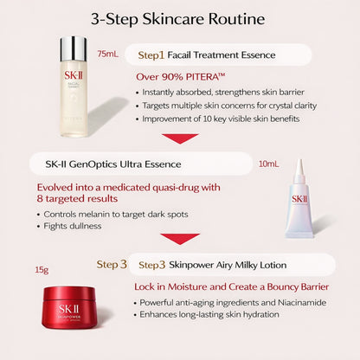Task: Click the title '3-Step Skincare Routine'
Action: tap(180, 18)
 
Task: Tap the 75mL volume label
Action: tap(109, 54)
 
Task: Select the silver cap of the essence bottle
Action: tap(74, 48)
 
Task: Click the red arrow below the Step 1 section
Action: tap(181, 138)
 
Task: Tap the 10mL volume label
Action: tap(269, 163)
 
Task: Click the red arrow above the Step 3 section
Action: tap(181, 238)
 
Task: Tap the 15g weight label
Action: tap(42, 270)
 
